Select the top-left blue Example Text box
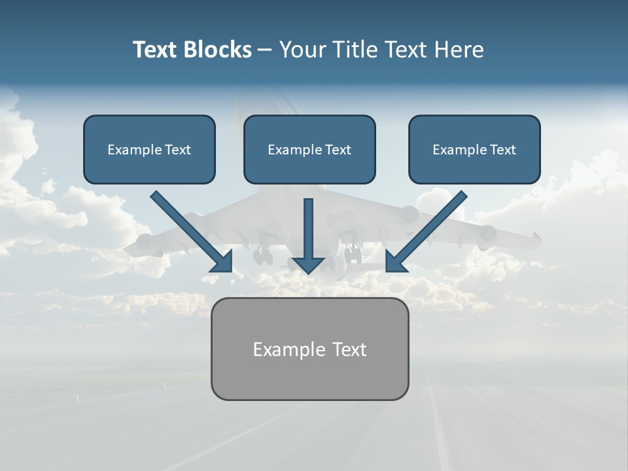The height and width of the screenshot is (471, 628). (149, 150)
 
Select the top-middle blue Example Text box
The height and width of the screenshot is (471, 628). (309, 150)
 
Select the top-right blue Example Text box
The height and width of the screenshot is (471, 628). (474, 150)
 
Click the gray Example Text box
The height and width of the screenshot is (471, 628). (309, 349)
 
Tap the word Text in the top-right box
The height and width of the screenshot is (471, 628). (502, 150)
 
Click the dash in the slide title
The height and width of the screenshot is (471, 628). (265, 50)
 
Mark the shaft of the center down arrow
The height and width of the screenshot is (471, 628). (308, 226)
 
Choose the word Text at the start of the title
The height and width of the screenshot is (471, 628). (158, 50)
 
